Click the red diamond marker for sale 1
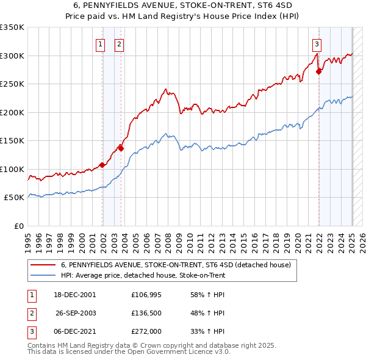tap(102, 165)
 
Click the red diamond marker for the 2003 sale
tap(121, 148)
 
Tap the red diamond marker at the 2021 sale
tap(318, 71)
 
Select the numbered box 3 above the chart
tap(317, 43)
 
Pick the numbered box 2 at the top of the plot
tap(119, 43)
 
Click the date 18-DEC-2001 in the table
tap(75, 294)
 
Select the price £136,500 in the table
tap(146, 313)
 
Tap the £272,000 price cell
tap(146, 332)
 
